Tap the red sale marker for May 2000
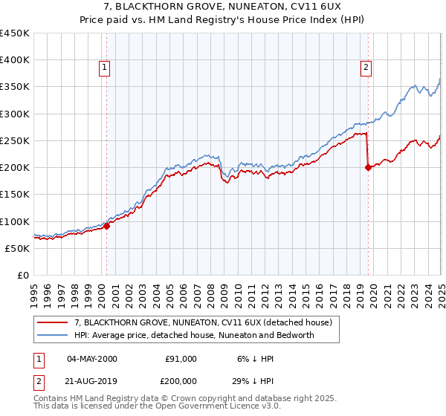click(x=106, y=226)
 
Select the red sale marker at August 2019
click(x=368, y=167)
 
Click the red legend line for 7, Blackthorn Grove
click(x=53, y=322)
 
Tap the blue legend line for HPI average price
click(x=53, y=335)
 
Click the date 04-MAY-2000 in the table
click(x=92, y=359)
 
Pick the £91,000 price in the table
click(x=181, y=359)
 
